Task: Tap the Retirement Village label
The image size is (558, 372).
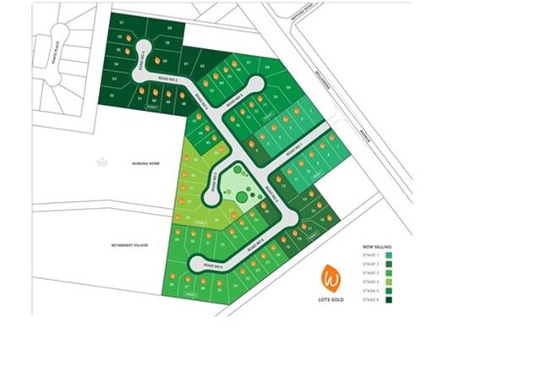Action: tap(129, 244)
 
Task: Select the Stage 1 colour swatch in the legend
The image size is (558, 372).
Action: tap(388, 254)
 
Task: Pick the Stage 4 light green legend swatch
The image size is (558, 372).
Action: tap(388, 282)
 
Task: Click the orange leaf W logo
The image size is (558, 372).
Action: tap(331, 276)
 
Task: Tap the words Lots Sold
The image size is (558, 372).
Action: tap(331, 297)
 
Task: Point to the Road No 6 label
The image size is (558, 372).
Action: tap(211, 267)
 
